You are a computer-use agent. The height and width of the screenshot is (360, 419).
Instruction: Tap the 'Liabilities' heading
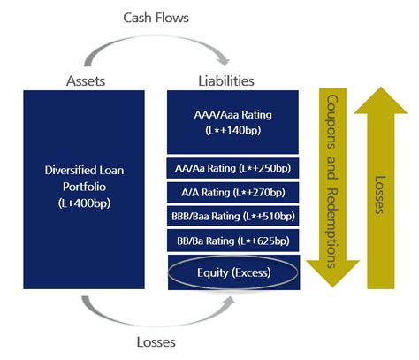pyautogui.click(x=225, y=80)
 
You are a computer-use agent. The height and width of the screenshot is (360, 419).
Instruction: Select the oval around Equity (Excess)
pyautogui.click(x=234, y=272)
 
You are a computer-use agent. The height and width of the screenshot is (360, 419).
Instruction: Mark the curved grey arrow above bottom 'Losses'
pyautogui.click(x=155, y=314)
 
